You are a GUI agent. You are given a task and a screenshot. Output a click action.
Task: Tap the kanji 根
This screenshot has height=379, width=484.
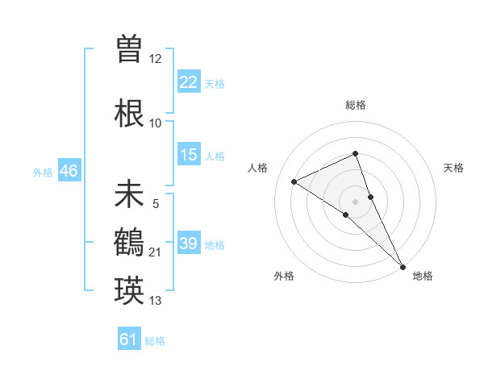pyautogui.click(x=129, y=110)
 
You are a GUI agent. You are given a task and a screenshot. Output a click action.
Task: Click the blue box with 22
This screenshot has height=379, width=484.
pyautogui.click(x=189, y=82)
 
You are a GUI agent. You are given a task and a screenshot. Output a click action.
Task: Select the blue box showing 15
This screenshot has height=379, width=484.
pyautogui.click(x=189, y=155)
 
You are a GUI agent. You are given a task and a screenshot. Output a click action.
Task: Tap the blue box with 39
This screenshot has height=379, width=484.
pyautogui.click(x=189, y=244)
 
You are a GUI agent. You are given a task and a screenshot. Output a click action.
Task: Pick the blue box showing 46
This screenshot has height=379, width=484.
pyautogui.click(x=68, y=171)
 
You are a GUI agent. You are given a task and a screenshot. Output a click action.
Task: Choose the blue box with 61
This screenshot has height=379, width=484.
pyautogui.click(x=129, y=339)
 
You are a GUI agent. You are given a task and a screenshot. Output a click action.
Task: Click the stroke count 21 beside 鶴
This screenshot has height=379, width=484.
pyautogui.click(x=156, y=253)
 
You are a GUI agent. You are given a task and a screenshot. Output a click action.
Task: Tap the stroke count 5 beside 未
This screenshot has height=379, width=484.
pyautogui.click(x=156, y=204)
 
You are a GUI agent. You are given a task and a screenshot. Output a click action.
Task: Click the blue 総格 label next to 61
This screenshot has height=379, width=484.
pyautogui.click(x=155, y=341)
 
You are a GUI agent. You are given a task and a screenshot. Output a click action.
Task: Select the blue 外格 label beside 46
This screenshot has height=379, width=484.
pyautogui.click(x=43, y=172)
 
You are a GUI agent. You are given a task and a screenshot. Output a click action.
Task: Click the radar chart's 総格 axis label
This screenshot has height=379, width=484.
pyautogui.click(x=355, y=105)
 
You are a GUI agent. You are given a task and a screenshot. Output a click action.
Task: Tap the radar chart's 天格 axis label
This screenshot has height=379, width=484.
pyautogui.click(x=454, y=168)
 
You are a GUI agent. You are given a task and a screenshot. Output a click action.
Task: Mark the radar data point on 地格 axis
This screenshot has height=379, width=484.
pyautogui.click(x=403, y=265)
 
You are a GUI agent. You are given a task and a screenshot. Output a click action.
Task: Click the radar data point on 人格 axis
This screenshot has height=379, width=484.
pyautogui.click(x=294, y=181)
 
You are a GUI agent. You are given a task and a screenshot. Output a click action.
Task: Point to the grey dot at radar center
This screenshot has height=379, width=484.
pyautogui.click(x=355, y=201)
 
